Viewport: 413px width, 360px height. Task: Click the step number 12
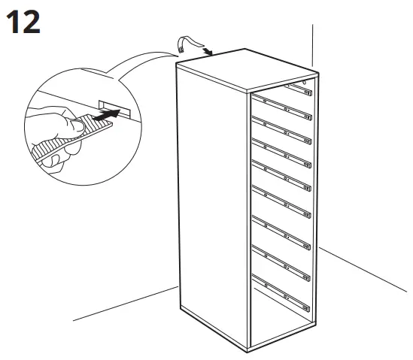coord(25,22)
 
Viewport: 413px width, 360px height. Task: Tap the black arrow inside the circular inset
coord(108,113)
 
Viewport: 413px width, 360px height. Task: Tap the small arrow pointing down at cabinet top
coord(207,52)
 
